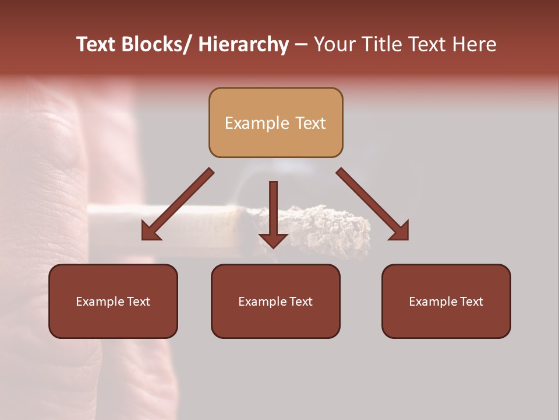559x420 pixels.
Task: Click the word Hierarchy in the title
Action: [243, 45]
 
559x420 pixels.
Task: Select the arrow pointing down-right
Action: [373, 204]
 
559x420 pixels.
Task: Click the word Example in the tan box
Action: [249, 123]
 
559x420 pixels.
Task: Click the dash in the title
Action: [301, 45]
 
